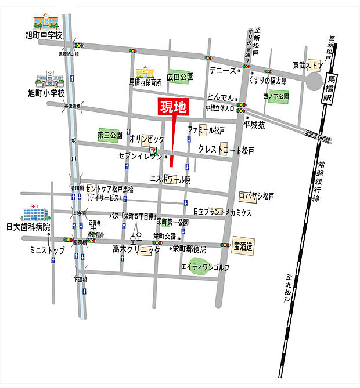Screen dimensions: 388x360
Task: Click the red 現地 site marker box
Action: [x=174, y=108]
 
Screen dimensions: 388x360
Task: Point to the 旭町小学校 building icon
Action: [x=49, y=79]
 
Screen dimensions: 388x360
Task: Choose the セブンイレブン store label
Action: [x=139, y=157]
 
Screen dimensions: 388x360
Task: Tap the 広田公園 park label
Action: [x=180, y=77]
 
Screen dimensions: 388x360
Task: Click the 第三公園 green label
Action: [x=110, y=135]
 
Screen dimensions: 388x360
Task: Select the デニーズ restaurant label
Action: [x=222, y=70]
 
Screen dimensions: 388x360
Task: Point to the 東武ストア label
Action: [x=307, y=65]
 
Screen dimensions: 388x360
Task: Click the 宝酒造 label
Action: [x=243, y=246]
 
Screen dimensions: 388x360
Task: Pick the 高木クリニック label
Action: [x=136, y=250]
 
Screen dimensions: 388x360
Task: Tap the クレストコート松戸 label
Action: [x=226, y=150]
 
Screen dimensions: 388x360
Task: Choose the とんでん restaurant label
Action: [x=218, y=98]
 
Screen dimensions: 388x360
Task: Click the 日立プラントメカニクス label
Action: [x=222, y=212]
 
